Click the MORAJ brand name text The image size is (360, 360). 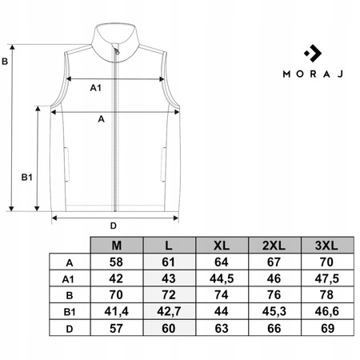tap(313, 74)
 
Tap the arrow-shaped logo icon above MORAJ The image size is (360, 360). tap(313, 54)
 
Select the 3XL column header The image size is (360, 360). tap(326, 246)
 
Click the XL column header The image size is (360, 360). tap(222, 246)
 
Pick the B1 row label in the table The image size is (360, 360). tap(70, 312)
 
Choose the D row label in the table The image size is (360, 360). tap(70, 329)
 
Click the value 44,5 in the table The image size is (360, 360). tap(222, 278)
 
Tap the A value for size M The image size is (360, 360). tap(116, 262)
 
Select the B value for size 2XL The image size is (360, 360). tap(274, 295)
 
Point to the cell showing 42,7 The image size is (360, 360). tap(169, 311)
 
